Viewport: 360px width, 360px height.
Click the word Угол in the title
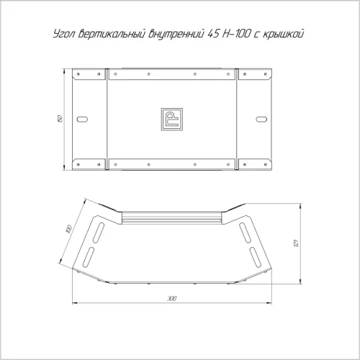click(x=64, y=34)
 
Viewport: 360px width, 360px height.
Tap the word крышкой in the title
click(x=283, y=34)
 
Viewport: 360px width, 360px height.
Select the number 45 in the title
click(x=213, y=34)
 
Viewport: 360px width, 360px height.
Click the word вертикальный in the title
click(x=112, y=34)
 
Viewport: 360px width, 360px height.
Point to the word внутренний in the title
click(x=176, y=34)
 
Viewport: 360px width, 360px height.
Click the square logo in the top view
click(x=171, y=120)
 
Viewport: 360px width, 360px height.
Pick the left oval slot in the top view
click(x=82, y=119)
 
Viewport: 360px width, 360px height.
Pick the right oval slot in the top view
click(x=261, y=119)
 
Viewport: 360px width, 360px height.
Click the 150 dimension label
click(x=60, y=119)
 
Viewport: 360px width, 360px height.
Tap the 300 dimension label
click(x=172, y=298)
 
